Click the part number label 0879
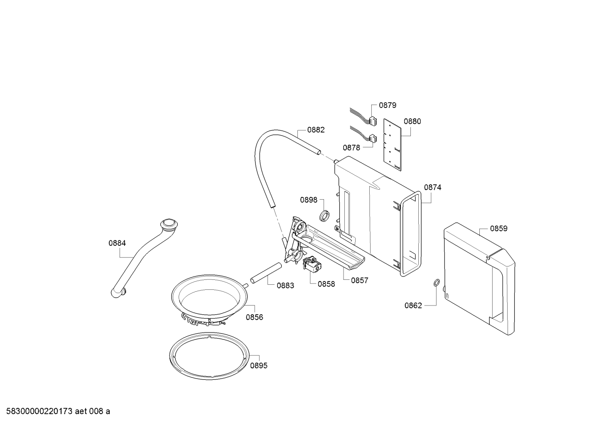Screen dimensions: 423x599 click(x=388, y=105)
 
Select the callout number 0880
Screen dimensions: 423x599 click(x=412, y=122)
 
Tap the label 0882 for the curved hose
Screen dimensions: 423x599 click(x=316, y=130)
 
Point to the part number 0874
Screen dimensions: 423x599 click(x=432, y=188)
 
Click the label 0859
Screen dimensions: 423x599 click(x=498, y=229)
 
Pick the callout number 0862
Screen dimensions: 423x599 click(x=413, y=306)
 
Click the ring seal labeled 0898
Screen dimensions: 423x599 click(x=324, y=215)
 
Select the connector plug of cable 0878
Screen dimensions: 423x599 click(x=373, y=138)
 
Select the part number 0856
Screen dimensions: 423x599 click(x=254, y=318)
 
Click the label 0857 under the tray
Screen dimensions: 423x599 click(x=359, y=281)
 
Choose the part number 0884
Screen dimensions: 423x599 click(x=117, y=244)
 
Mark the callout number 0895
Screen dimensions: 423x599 click(x=258, y=366)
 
